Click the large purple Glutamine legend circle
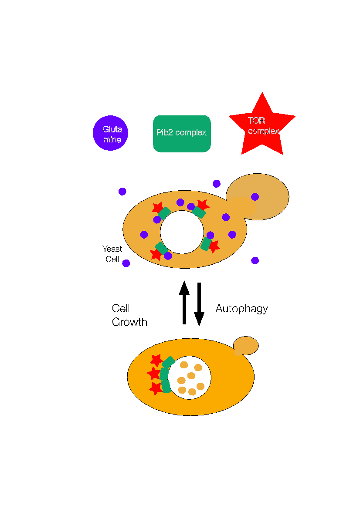[x=110, y=134]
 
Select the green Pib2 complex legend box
[x=182, y=134]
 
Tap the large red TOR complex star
[x=262, y=126]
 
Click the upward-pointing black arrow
[x=184, y=302]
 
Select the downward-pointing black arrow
[x=199, y=304]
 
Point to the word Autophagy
[x=241, y=309]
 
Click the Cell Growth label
[x=129, y=315]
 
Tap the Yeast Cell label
[x=112, y=254]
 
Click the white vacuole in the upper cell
[x=182, y=232]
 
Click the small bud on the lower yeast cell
[x=246, y=345]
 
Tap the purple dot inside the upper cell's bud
[x=255, y=197]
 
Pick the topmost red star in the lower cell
[x=156, y=360]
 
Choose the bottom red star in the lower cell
[x=156, y=388]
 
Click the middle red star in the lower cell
[x=154, y=374]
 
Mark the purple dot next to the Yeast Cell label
[x=126, y=263]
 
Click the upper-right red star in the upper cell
[x=202, y=205]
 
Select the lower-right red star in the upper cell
[x=214, y=247]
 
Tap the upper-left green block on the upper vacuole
[x=164, y=213]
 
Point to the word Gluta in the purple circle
[x=112, y=129]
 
